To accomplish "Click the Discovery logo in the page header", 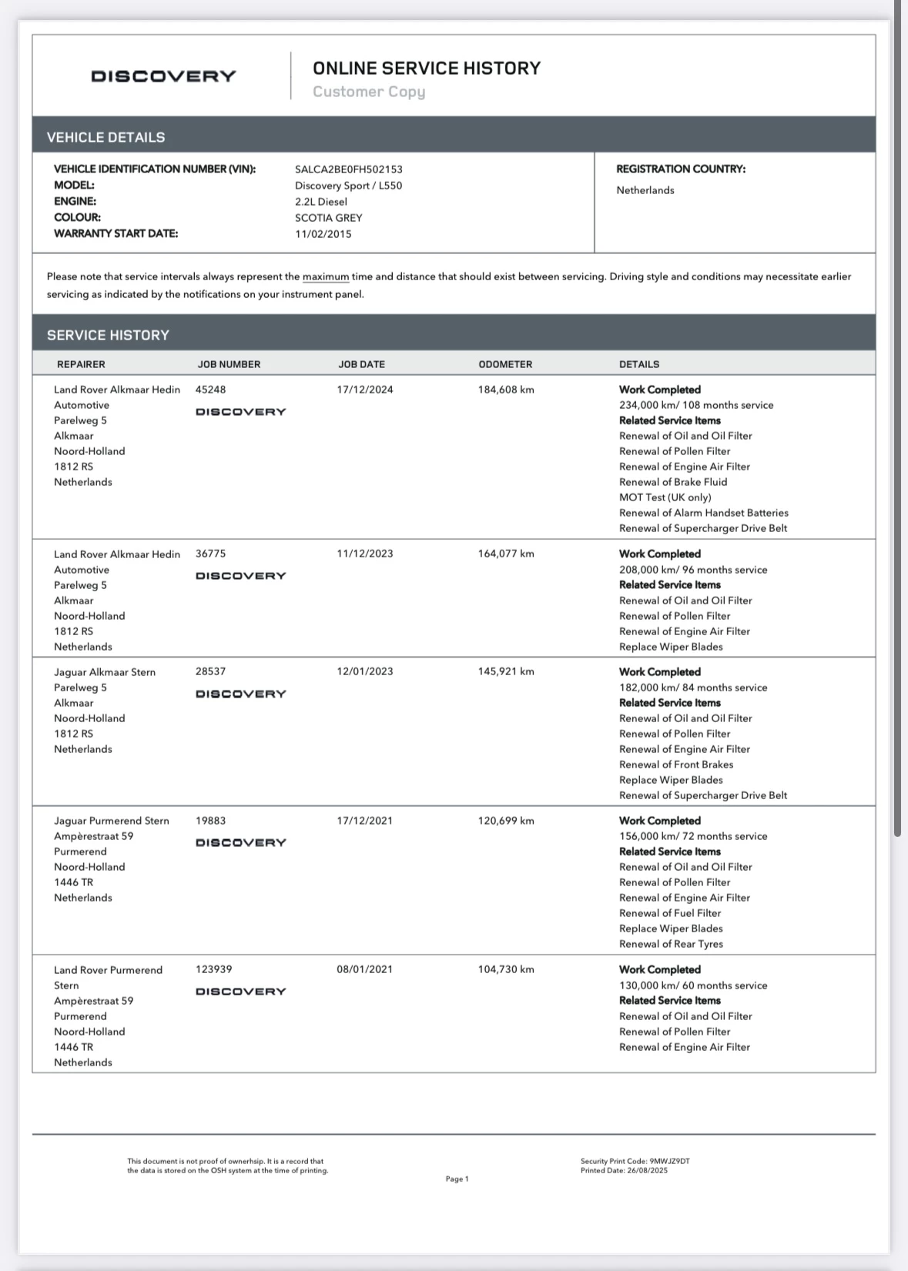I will coord(163,76).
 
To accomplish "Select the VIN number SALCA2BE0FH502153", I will coord(348,169).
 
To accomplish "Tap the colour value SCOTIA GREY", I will coord(328,218).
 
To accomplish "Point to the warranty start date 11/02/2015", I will coord(323,234).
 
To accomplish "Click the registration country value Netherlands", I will coord(645,190).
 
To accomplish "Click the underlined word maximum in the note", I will coord(325,276).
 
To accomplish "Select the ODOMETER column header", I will coord(505,364).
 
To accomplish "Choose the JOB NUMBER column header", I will coord(229,364).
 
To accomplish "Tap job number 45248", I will coord(210,390).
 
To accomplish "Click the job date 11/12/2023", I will coord(364,554).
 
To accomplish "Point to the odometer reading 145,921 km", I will coord(505,671).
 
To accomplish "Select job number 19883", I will coord(210,821).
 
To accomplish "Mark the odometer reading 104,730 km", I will coord(505,969).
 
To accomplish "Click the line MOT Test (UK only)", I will coord(665,497).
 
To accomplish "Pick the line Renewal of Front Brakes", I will coord(675,764).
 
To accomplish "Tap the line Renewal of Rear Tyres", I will coord(671,944).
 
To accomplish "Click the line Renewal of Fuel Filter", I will coord(670,913).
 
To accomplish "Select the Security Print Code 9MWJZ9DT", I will coord(669,1161).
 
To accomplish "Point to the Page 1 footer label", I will coord(457,1179).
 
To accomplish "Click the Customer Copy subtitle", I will coord(369,92).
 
